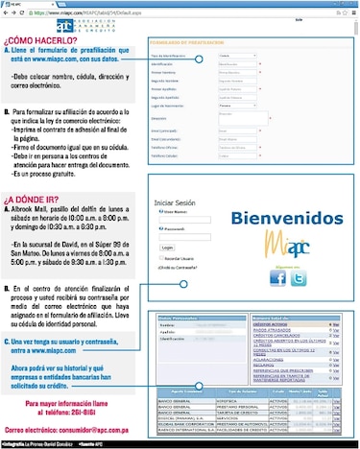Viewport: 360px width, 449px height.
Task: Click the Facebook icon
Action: coord(278,278)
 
